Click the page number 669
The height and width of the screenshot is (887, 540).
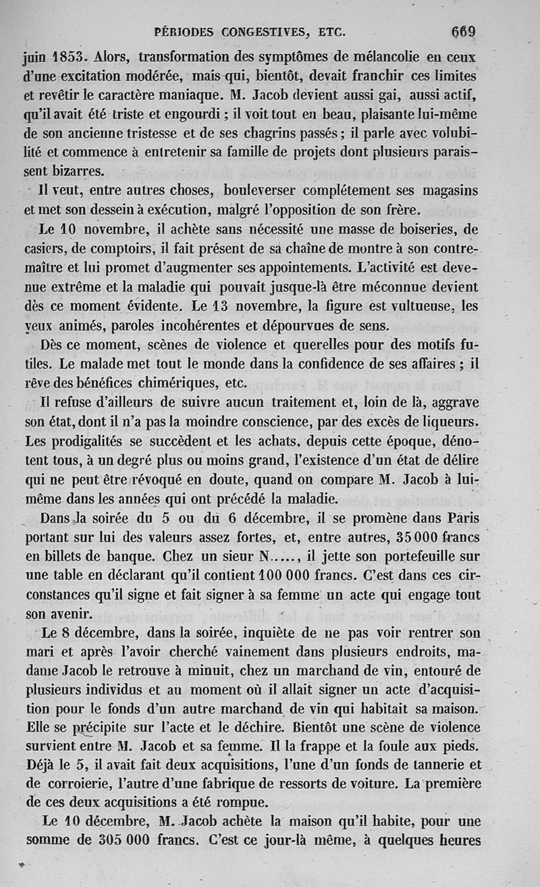(464, 32)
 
